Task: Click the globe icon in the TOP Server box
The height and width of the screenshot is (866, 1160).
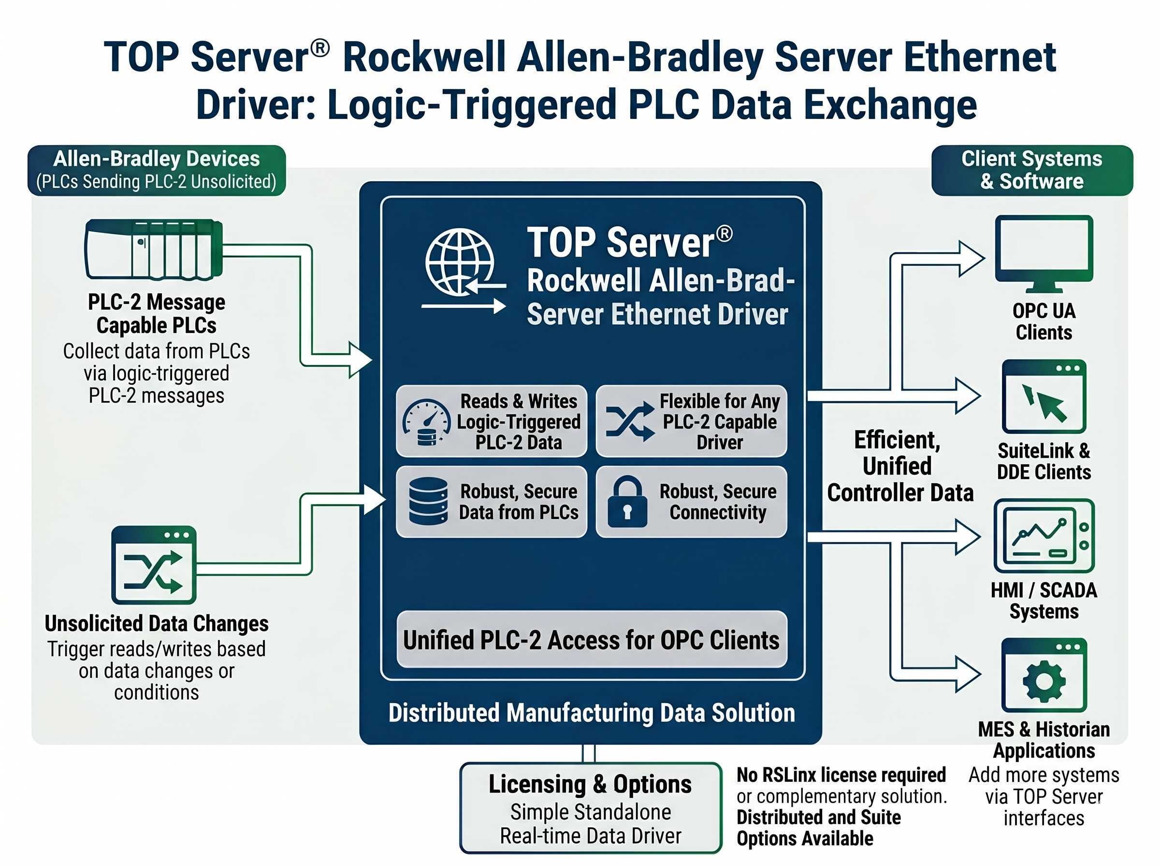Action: tap(460, 262)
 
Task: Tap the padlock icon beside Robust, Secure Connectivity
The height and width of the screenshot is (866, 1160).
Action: tap(627, 502)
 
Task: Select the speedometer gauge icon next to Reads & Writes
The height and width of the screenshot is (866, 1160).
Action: tap(426, 422)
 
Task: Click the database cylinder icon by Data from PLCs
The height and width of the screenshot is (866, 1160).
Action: tap(428, 501)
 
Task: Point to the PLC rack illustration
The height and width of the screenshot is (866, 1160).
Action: tap(154, 249)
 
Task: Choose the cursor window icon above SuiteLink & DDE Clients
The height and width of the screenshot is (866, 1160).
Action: tap(1044, 396)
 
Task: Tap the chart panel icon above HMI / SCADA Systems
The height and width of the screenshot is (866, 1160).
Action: tap(1044, 535)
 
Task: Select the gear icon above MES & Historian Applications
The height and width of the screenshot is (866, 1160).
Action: tap(1044, 675)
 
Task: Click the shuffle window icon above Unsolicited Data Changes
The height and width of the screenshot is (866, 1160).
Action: tap(154, 565)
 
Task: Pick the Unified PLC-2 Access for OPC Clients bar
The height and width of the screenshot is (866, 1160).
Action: tap(591, 639)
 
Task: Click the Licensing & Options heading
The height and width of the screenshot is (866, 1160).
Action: tap(590, 784)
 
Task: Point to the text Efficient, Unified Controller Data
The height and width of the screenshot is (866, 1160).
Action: tap(899, 466)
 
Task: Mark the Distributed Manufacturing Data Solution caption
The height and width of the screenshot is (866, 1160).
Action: tap(591, 713)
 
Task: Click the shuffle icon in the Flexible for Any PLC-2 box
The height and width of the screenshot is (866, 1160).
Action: tap(629, 421)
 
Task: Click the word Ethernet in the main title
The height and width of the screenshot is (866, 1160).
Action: tap(979, 58)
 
